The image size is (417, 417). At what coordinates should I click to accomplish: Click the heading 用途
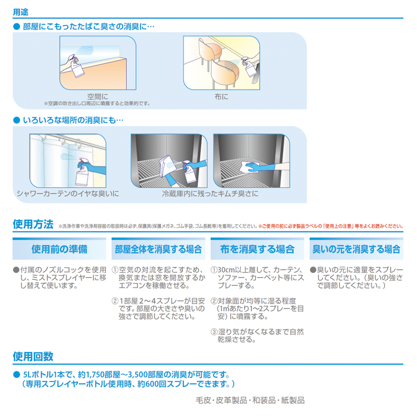[x=21, y=12]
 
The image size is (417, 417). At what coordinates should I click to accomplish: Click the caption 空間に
[x=98, y=97]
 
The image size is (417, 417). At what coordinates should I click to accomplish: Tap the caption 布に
[x=221, y=97]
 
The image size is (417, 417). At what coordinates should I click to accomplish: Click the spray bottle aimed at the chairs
[x=249, y=67]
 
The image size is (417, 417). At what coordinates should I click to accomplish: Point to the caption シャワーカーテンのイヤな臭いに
[x=67, y=193]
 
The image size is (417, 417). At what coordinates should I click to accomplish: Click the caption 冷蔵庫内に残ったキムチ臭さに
[x=210, y=193]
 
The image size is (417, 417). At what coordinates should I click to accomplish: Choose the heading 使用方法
[x=33, y=224]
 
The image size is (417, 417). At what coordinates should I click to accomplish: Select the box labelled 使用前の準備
[x=59, y=249]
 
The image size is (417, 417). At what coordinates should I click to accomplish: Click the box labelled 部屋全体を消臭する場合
[x=158, y=249]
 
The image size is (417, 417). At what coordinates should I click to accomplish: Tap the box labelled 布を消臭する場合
[x=257, y=249]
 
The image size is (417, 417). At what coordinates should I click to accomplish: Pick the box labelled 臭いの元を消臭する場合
[x=356, y=249]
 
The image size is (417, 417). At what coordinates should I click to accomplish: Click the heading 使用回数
[x=33, y=356]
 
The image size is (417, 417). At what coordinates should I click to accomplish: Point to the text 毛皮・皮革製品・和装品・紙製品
[x=250, y=400]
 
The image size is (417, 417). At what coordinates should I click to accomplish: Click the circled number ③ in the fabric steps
[x=214, y=332]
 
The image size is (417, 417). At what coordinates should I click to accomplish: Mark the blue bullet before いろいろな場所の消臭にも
[x=17, y=120]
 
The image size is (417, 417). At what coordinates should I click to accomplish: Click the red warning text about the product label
[x=331, y=226]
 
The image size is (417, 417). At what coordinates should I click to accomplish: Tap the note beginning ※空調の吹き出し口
[x=97, y=103]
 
